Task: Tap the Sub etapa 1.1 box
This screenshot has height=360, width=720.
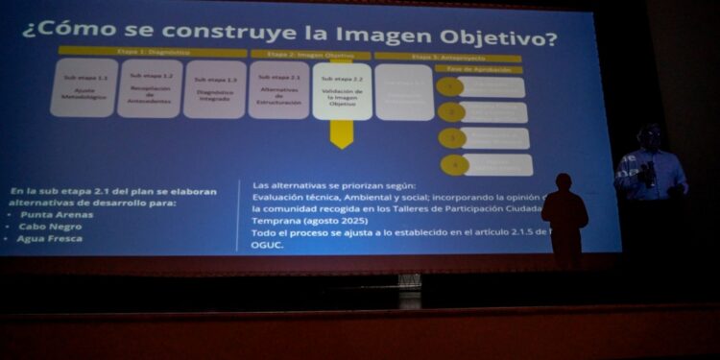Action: click(x=84, y=88)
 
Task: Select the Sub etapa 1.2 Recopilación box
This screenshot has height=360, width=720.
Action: click(x=150, y=88)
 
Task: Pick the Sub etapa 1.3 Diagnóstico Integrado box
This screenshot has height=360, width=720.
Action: click(x=215, y=88)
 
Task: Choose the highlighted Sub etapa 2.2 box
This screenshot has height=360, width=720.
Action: click(x=342, y=90)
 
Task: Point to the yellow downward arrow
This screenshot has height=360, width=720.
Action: click(x=342, y=133)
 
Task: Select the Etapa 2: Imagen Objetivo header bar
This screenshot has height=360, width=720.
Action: click(x=309, y=54)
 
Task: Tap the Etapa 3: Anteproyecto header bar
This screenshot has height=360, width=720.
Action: click(x=447, y=58)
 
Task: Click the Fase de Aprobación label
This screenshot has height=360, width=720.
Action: click(x=478, y=69)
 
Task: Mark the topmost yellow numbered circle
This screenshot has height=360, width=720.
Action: click(x=450, y=87)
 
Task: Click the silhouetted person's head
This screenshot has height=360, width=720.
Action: click(x=564, y=182)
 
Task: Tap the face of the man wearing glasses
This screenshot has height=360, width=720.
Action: click(x=650, y=137)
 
